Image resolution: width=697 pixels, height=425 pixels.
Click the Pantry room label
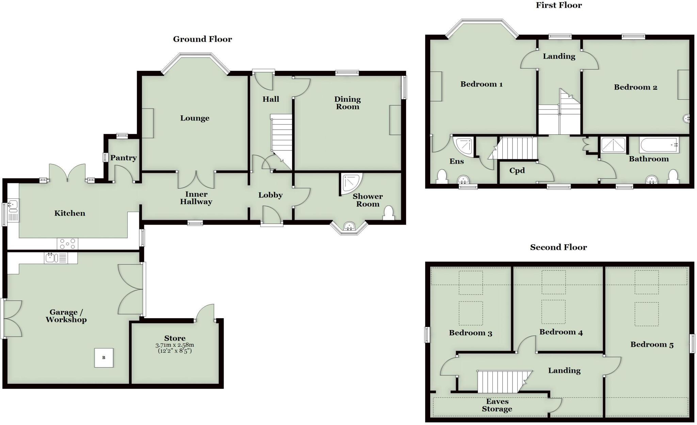[123, 158]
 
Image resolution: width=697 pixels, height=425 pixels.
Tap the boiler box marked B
[104, 358]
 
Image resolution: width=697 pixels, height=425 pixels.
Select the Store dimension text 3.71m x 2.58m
[175, 345]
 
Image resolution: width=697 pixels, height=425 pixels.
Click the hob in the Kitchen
[67, 244]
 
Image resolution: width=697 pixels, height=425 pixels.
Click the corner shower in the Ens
[464, 146]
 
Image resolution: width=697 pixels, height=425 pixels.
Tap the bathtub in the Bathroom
[659, 145]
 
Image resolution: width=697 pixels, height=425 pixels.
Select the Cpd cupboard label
[517, 171]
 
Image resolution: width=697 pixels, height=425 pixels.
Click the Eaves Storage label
[497, 406]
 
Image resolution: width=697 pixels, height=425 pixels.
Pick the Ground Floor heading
[202, 39]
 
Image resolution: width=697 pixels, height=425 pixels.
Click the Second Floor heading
[558, 247]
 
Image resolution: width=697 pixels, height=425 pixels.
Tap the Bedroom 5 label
[652, 345]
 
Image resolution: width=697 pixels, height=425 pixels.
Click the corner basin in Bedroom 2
[686, 119]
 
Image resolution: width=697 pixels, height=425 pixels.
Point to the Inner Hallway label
[196, 198]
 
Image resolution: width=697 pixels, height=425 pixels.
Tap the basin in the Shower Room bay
[349, 226]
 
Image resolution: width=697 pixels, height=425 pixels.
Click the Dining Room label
[347, 103]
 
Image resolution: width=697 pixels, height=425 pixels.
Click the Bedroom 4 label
[561, 332]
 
